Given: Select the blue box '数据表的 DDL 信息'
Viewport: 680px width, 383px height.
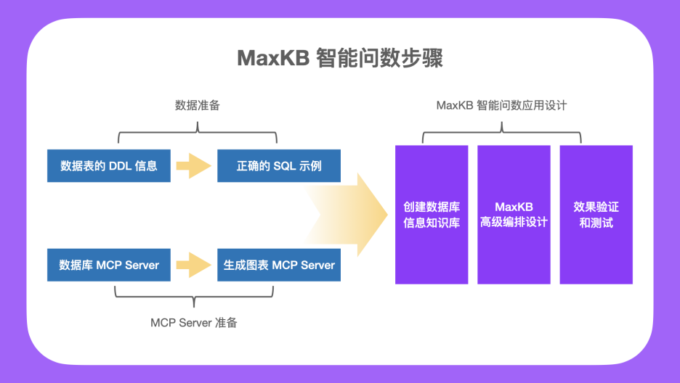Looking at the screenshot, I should coord(108,165).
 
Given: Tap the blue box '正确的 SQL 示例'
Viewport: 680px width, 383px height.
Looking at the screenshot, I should coord(279,165).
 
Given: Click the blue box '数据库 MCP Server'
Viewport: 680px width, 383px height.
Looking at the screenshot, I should coord(108,265).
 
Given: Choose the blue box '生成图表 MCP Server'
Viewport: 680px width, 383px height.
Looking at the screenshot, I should coord(279,265).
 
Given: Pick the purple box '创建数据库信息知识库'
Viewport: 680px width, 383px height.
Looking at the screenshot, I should coord(432,215).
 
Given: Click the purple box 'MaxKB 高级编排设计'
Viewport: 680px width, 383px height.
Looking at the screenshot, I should coord(514,215).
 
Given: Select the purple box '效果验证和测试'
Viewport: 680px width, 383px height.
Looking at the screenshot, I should coord(596,215).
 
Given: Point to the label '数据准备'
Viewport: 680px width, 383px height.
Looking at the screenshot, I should coord(197,105).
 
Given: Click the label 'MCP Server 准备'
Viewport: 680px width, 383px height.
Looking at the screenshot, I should coord(193,323).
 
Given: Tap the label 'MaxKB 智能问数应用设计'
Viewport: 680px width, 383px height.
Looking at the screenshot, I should coord(501,105).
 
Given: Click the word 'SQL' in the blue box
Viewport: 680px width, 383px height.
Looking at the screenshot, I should coord(285,165).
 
